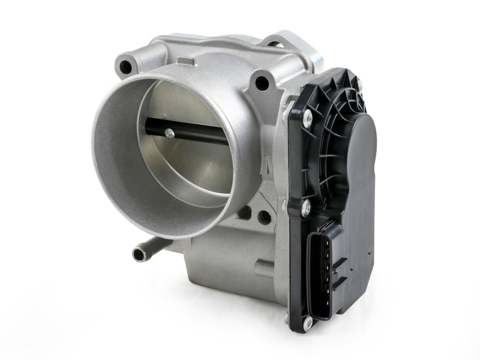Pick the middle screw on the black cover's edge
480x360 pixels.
coord(305,208)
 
